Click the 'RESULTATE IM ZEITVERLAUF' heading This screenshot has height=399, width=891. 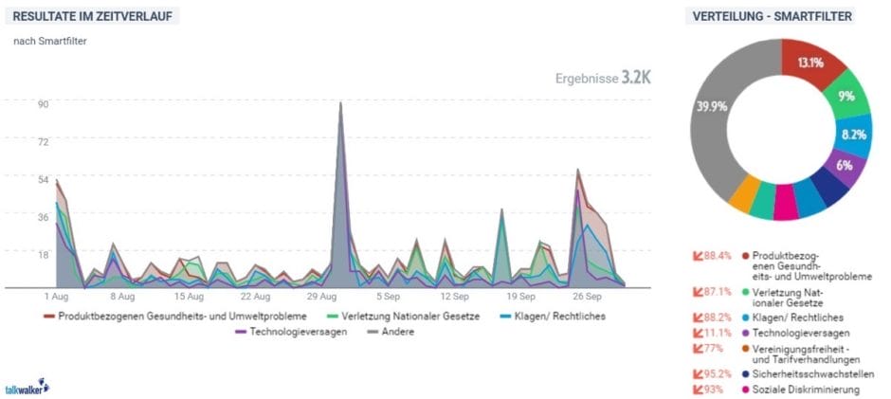tap(96, 17)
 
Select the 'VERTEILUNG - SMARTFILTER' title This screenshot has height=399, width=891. tap(772, 17)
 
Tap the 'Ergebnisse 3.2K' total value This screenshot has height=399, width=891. tap(603, 78)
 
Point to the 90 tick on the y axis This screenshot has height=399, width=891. tap(44, 104)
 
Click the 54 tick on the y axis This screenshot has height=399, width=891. tap(44, 179)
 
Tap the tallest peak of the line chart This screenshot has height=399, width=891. tap(341, 104)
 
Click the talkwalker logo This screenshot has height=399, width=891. tap(26, 388)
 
